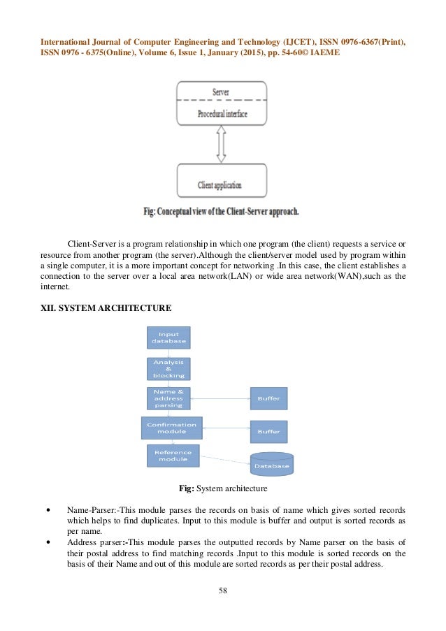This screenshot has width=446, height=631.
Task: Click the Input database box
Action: click(x=168, y=338)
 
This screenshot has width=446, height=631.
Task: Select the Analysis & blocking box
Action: click(x=168, y=369)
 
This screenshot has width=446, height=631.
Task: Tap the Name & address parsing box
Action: click(x=168, y=398)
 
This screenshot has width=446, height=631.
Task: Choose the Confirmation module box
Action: click(x=171, y=428)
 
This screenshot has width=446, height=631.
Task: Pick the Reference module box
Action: click(x=173, y=456)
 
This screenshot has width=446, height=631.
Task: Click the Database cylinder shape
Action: click(x=272, y=463)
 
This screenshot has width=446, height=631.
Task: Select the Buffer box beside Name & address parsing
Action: click(x=268, y=398)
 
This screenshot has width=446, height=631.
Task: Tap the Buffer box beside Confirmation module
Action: click(x=268, y=432)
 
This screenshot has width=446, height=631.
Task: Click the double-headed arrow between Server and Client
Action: click(x=222, y=144)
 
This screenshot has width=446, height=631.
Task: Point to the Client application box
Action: click(x=222, y=180)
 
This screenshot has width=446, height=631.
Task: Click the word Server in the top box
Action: click(x=222, y=92)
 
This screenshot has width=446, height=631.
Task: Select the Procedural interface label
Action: click(x=222, y=113)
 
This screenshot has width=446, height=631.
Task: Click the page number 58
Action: click(x=223, y=590)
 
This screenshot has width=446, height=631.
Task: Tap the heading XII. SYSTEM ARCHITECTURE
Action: click(x=106, y=308)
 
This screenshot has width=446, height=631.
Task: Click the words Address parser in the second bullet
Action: click(x=94, y=541)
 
